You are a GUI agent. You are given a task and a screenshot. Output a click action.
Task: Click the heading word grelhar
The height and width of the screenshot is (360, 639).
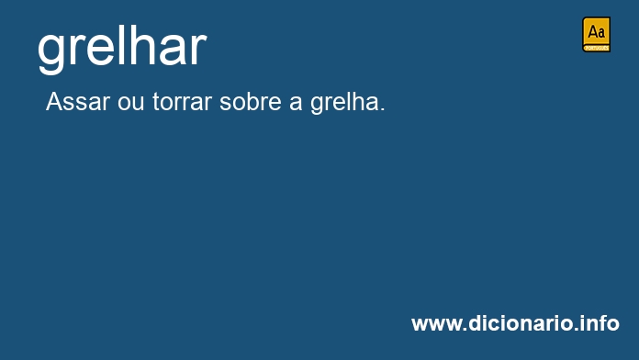122,49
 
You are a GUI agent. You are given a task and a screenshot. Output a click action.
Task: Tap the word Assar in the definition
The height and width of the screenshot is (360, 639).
78,102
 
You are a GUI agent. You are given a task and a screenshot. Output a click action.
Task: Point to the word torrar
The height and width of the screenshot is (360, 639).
182,102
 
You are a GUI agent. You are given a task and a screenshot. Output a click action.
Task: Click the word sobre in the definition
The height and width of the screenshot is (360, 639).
251,102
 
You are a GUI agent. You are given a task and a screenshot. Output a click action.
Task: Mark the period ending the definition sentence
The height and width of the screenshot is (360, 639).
382,109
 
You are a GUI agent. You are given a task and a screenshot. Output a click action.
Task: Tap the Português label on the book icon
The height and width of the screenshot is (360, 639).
596,48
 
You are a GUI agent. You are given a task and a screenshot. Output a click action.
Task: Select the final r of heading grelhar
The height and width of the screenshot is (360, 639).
199,51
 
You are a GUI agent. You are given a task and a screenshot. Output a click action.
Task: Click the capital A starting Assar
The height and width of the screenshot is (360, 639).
55,102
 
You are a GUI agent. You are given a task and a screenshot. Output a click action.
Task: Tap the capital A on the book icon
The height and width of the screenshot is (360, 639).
592,32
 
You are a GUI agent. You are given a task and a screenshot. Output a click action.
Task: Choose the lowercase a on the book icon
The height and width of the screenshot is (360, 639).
601,33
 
